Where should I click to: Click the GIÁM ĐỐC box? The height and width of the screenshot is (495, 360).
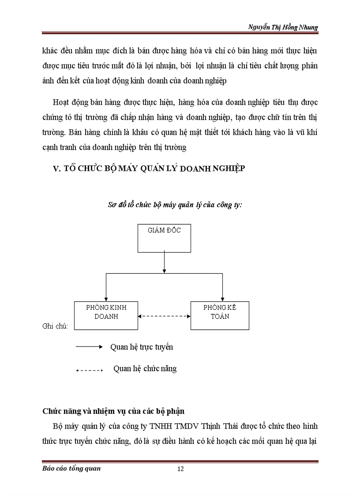click(164, 238)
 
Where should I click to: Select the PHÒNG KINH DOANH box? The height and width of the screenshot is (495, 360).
click(106, 316)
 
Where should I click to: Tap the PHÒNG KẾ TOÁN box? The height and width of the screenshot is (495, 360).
click(220, 316)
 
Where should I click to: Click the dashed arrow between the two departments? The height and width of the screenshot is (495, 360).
click(164, 316)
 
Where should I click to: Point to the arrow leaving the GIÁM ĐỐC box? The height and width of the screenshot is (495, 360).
click(164, 263)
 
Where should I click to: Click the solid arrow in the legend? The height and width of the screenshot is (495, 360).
click(89, 347)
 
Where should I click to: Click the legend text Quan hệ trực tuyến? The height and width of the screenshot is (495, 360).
click(142, 347)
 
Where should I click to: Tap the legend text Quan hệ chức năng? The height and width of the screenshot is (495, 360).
click(145, 368)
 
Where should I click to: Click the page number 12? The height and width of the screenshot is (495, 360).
click(180, 469)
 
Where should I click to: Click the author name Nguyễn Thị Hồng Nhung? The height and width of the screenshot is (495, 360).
click(283, 27)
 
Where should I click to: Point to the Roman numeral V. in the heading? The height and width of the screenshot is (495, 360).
click(56, 169)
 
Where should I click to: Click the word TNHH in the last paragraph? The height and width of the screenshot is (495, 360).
click(175, 426)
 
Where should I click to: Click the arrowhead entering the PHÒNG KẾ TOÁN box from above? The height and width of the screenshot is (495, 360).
click(220, 299)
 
